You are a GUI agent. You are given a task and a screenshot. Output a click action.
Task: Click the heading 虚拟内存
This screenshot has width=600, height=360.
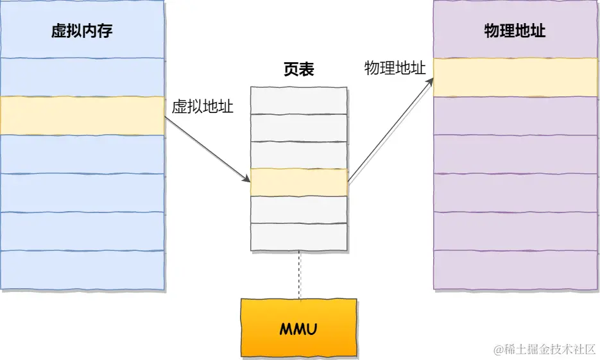[82, 31]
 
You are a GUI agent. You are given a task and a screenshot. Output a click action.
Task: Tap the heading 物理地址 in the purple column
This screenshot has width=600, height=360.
[515, 31]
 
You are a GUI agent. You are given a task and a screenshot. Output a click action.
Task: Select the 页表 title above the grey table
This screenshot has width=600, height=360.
[299, 70]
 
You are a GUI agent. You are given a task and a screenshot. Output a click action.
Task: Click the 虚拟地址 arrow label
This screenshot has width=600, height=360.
[202, 107]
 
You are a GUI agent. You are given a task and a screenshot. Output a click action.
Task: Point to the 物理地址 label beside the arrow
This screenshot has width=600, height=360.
[395, 69]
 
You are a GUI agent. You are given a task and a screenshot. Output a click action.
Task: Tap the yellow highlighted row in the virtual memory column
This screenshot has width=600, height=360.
[82, 116]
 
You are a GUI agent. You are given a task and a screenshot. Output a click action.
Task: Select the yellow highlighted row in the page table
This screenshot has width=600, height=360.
[299, 182]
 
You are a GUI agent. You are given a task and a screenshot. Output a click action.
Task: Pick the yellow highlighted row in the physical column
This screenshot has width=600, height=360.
[515, 78]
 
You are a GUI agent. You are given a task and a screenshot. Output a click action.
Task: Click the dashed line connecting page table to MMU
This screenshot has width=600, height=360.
[299, 275]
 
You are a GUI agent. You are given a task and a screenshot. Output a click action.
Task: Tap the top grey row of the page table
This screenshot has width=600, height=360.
[299, 100]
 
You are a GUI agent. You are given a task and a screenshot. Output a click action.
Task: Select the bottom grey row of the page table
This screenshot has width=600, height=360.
[299, 236]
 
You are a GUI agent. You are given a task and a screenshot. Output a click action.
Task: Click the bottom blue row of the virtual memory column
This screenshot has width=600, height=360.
[82, 270]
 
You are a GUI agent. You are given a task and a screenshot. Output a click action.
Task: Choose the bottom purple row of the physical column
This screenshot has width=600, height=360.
[515, 270]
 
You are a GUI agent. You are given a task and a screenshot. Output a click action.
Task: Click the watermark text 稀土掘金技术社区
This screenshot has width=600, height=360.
[545, 350]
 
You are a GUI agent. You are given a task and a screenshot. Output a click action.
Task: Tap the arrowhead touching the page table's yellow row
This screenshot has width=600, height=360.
[247, 179]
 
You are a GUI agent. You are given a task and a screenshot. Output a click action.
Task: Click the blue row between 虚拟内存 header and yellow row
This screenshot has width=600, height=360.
[82, 77]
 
